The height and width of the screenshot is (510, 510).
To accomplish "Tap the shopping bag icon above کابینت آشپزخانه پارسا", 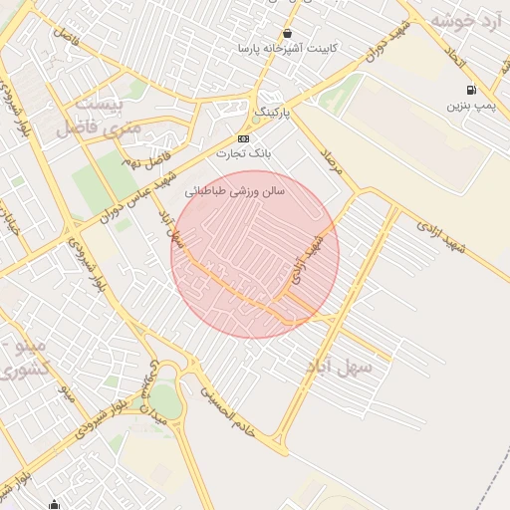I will click(287, 33).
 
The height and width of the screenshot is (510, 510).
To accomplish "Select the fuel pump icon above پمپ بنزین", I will click(471, 90).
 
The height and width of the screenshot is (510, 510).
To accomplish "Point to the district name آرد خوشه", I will click(469, 19).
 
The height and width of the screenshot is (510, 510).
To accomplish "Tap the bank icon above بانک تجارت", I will click(244, 138).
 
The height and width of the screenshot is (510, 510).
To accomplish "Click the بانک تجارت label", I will click(244, 154).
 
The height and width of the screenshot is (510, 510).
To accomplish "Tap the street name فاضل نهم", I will click(145, 159).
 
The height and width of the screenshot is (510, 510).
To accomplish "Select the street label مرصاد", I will click(331, 161).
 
